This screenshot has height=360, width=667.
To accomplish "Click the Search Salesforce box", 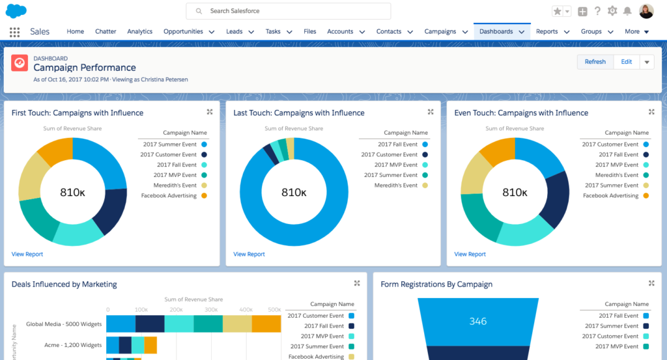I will coord(289,11).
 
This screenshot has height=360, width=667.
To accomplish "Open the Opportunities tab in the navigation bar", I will coord(183,31).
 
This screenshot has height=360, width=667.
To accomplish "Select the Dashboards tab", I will coord(496,31).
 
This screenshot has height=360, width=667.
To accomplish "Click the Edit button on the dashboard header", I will coord(626,62).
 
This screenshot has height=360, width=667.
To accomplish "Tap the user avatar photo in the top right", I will coord(646,11).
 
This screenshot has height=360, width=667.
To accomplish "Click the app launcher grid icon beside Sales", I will coord(14,32).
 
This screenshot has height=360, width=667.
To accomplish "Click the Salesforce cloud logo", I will coord(16,11).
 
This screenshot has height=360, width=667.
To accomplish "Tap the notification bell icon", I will coord(627,11).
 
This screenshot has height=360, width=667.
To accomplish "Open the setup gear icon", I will coord(612,11).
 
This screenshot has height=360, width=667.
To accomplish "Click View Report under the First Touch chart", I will coord(27,254).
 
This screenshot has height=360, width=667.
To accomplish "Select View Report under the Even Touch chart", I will coord(470,254).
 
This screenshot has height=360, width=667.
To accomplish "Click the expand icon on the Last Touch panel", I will coord(431,112).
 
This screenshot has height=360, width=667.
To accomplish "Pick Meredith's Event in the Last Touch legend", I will coord(395,186).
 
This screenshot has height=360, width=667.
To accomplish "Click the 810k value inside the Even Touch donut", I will coord(515,193).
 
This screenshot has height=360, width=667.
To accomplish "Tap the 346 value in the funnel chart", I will coord(478,322).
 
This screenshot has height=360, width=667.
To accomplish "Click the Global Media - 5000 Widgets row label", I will coord(64,324).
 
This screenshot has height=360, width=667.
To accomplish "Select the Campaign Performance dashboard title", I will coord(85,68).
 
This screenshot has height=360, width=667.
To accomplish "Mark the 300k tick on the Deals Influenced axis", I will coord(210,310).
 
